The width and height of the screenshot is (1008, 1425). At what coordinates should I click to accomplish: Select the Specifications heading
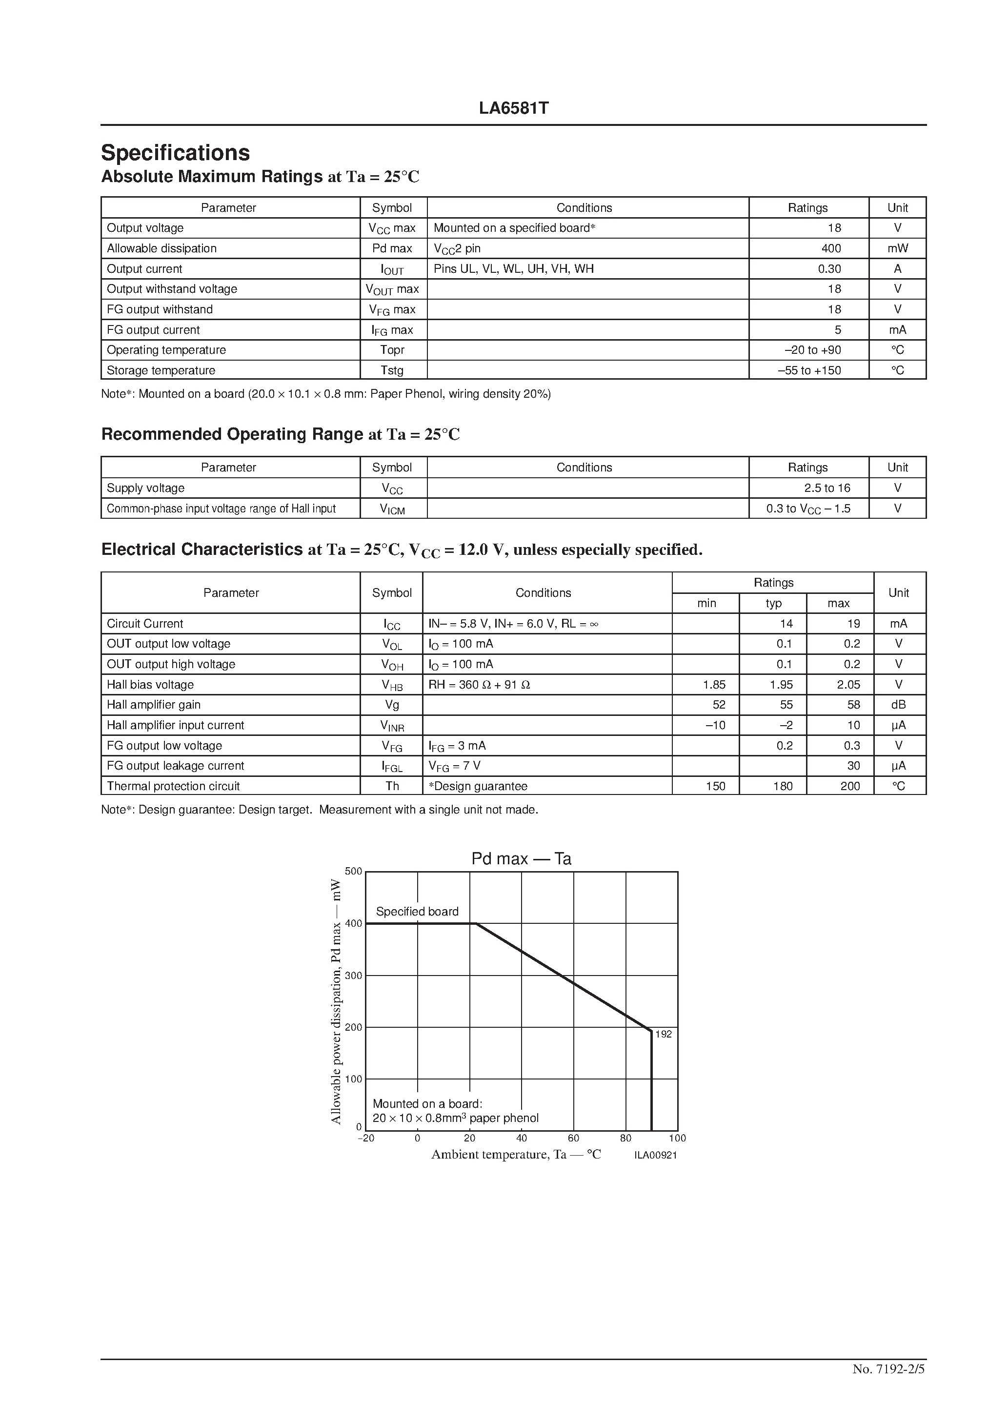coord(175,153)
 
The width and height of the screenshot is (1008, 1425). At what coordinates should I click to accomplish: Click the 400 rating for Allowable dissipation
coord(830,248)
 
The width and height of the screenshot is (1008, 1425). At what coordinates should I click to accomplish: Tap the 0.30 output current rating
coord(829,269)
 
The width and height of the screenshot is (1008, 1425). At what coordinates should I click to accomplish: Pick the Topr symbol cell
coord(392,350)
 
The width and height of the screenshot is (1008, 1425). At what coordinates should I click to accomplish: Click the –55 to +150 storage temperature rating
coord(809,370)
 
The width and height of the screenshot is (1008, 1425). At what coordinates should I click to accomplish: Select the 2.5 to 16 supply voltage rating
coord(827,488)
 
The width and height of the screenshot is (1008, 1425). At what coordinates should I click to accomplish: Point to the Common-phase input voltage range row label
coord(221,509)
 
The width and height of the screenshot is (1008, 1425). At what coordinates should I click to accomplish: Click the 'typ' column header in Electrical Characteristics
coord(773,603)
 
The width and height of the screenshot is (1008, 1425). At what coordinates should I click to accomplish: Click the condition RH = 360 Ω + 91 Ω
coord(479,685)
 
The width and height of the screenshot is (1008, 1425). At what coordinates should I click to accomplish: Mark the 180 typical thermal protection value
coord(783,786)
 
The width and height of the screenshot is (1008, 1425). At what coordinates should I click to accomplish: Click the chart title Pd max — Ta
coord(521,859)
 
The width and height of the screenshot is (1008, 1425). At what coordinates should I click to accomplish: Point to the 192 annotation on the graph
coord(664,1034)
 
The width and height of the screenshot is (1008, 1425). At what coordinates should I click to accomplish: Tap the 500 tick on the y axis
coord(353,872)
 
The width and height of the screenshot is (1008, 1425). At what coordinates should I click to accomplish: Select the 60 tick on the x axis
coord(573,1138)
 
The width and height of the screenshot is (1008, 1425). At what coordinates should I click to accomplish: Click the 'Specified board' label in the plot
coord(417,912)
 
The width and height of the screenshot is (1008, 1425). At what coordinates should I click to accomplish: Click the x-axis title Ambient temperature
coord(516,1155)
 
